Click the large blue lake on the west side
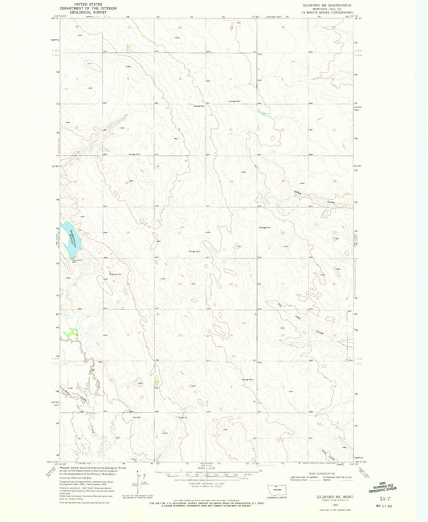coord(71,241)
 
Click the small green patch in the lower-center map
coord(157,381)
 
